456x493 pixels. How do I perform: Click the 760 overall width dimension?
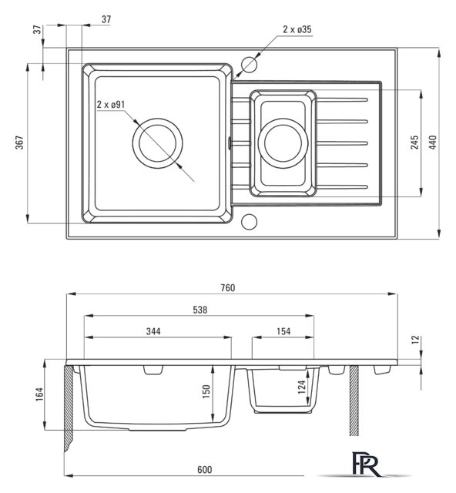228,287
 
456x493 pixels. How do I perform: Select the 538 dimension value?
200,310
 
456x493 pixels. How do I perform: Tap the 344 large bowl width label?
153,331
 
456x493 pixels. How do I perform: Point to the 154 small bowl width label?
283,331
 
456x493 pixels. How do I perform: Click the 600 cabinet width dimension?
205,470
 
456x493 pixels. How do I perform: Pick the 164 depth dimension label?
39,394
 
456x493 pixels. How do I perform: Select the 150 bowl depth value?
206,391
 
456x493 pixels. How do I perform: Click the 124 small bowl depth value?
302,387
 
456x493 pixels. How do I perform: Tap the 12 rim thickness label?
416,340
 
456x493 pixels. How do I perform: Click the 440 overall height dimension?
434,142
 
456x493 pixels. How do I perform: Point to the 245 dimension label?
415,142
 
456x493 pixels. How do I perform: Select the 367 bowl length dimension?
19,143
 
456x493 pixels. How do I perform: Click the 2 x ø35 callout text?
297,29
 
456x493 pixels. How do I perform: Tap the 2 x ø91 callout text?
111,105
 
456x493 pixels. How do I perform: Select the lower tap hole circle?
249,221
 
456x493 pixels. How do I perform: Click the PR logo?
366,464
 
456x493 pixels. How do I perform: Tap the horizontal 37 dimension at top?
106,19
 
